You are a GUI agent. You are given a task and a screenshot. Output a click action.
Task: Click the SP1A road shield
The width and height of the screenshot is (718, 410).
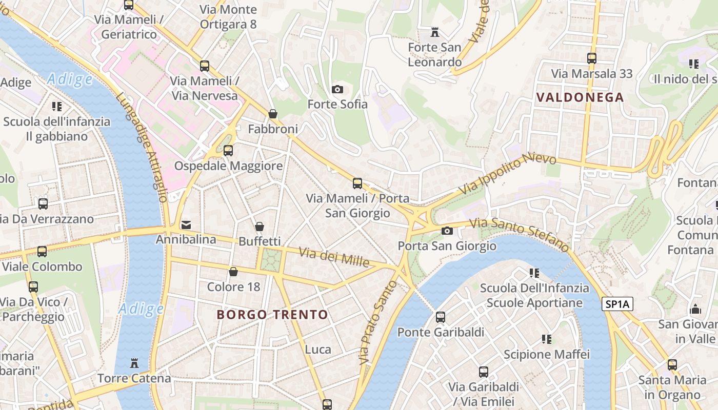click(x=618, y=304)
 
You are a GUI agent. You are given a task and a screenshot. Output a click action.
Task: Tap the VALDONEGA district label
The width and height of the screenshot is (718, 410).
click(x=580, y=97)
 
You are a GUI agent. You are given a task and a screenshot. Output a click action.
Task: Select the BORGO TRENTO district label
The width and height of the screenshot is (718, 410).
click(x=272, y=315)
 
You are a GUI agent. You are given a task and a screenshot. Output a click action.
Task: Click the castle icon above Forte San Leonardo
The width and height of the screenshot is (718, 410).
click(x=435, y=33)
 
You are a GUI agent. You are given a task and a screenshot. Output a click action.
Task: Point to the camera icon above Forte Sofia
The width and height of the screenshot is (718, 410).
click(x=337, y=89)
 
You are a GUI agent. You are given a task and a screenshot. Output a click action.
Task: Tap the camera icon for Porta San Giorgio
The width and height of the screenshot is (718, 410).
click(x=447, y=231)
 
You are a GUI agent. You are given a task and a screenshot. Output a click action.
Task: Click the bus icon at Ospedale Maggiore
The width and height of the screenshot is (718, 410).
click(x=228, y=151)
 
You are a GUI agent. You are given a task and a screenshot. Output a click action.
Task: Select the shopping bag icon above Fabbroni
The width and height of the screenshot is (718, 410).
click(x=273, y=114)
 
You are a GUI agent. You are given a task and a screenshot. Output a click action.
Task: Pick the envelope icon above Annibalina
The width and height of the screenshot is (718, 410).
click(x=186, y=224)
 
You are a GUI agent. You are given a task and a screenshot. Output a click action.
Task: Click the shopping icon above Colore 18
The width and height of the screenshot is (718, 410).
click(x=233, y=272)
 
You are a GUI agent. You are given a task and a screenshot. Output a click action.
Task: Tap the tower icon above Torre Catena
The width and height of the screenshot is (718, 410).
click(x=134, y=363)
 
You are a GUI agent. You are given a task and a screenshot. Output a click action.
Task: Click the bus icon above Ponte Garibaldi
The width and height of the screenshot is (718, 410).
click(x=441, y=317)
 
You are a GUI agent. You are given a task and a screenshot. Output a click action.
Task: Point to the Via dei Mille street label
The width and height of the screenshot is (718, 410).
click(x=334, y=257)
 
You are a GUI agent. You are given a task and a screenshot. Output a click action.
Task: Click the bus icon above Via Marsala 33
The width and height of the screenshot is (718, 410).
click(x=592, y=58)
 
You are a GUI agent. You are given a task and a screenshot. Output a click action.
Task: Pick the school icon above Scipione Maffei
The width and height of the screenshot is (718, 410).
click(x=547, y=339)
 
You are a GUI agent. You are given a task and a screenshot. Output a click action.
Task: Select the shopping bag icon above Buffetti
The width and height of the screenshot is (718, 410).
click(x=260, y=227)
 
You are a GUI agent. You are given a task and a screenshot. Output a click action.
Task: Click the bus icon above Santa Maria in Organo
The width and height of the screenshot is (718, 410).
click(x=672, y=365)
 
